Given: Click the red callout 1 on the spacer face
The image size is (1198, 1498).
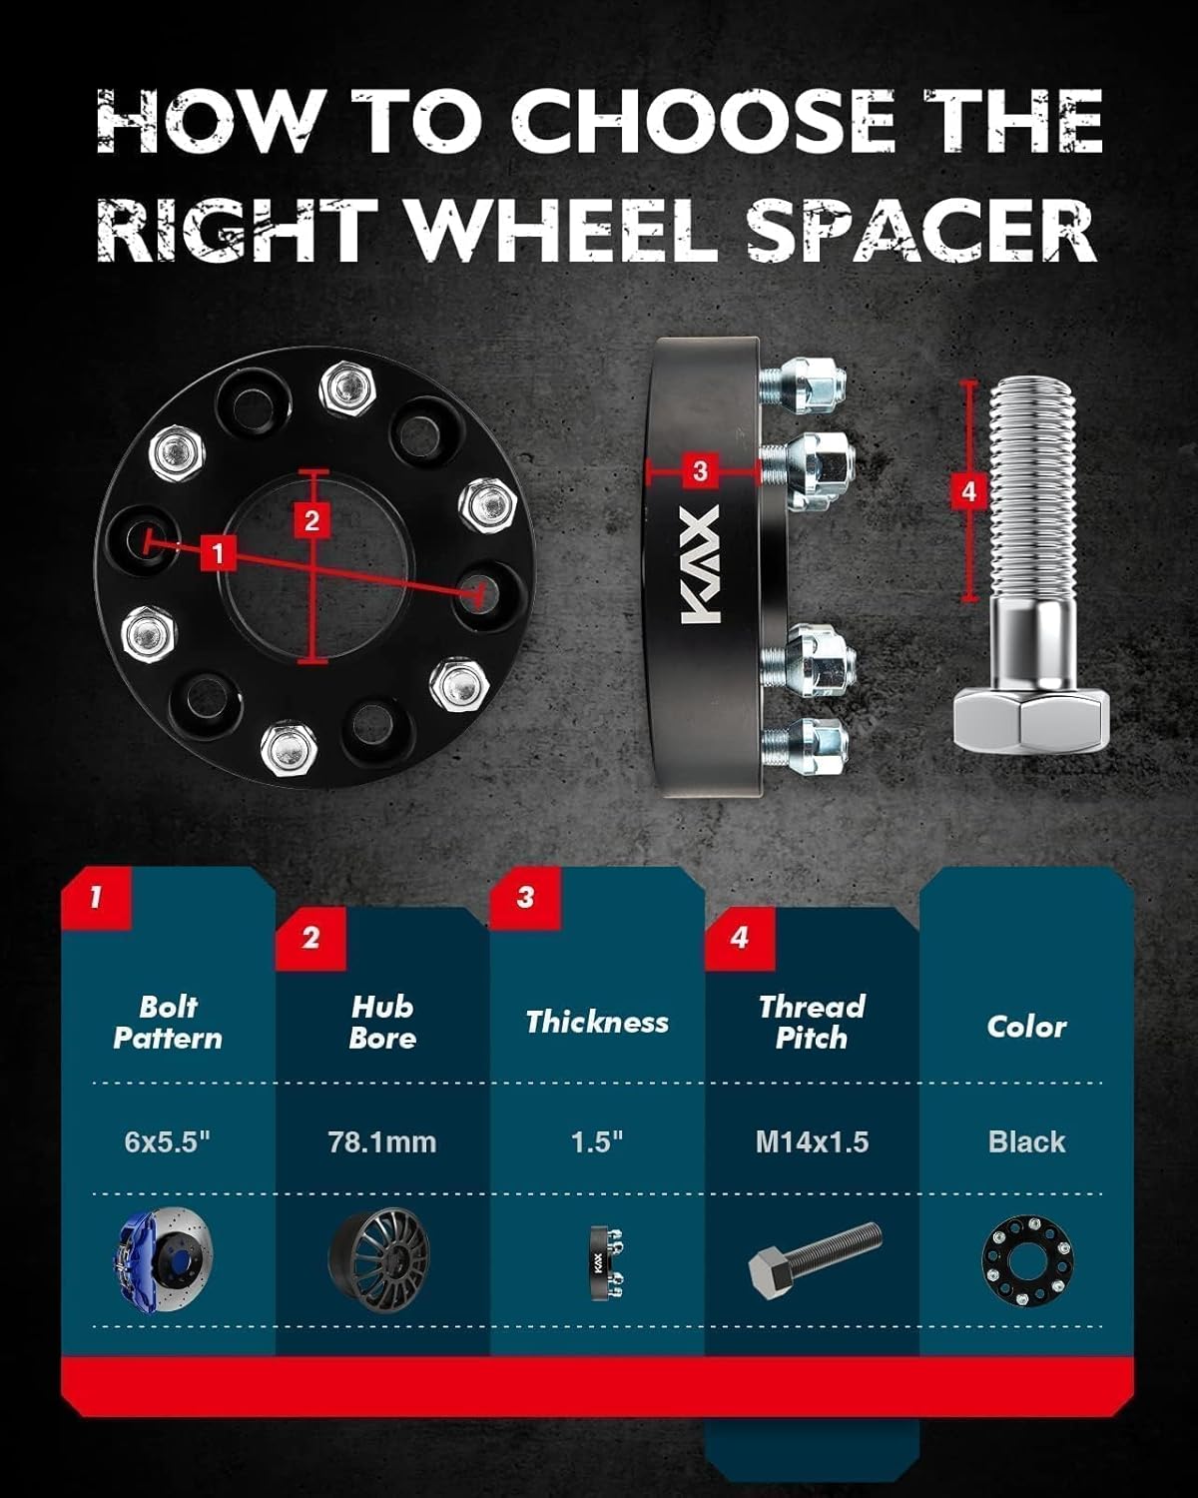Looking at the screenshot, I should click(x=218, y=551).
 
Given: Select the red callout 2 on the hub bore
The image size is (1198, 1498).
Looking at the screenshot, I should click(x=312, y=520).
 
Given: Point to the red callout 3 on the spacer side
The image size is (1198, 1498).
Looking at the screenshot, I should click(x=699, y=469).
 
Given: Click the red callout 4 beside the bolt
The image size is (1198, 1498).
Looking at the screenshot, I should click(x=967, y=490).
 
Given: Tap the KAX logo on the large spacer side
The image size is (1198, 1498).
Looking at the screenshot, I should click(x=700, y=569).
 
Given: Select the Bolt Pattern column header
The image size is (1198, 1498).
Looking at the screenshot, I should click(x=168, y=1023).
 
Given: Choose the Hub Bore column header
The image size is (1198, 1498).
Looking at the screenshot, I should click(x=382, y=1023).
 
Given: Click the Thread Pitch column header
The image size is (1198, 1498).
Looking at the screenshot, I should click(x=812, y=1023).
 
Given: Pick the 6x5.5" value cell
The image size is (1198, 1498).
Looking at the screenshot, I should click(x=168, y=1141).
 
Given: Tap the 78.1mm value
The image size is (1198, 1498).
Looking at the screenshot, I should click(x=382, y=1141).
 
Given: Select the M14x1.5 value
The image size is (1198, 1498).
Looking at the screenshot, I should click(x=812, y=1141).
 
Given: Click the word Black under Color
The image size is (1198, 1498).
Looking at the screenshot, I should click(x=1026, y=1141).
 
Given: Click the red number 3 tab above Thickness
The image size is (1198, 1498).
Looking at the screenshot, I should click(x=525, y=897).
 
